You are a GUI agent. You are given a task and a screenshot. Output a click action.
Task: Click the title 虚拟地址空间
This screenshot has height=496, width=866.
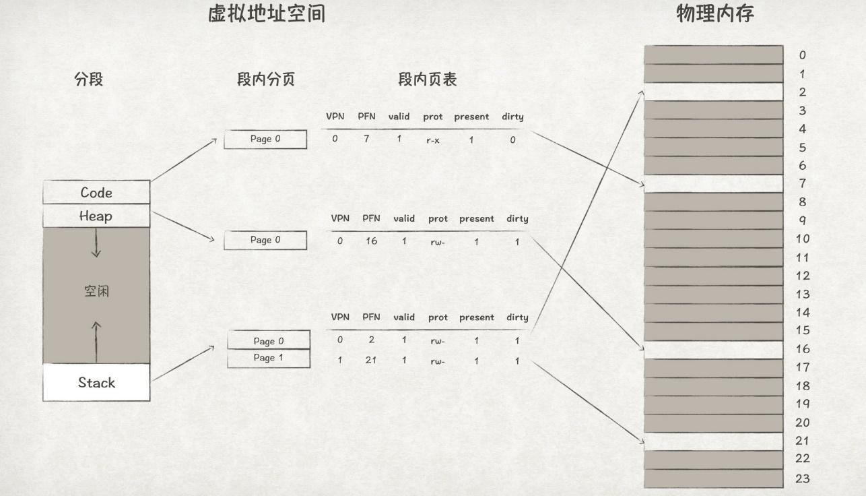tap(267, 14)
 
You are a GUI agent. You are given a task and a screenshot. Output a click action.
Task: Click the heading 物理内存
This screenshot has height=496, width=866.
tap(714, 14)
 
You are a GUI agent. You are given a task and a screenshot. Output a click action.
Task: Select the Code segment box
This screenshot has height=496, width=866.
tap(96, 193)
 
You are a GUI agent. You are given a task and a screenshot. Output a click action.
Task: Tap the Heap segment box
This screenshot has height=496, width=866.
tap(96, 216)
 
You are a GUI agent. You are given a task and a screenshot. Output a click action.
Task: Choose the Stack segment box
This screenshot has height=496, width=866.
tap(96, 383)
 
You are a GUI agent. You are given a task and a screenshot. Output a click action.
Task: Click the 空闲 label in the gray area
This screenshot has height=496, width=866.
tap(96, 292)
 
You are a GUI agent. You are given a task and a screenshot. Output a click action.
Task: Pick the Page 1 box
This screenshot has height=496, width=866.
tap(269, 359)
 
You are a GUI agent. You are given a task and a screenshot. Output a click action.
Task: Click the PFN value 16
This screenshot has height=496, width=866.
tap(371, 241)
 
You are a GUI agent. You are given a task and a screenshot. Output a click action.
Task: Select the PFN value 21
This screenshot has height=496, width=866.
tap(371, 360)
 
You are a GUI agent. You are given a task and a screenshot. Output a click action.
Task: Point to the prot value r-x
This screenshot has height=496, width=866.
tap(433, 141)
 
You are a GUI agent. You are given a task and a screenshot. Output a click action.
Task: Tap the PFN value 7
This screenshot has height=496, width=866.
tap(366, 139)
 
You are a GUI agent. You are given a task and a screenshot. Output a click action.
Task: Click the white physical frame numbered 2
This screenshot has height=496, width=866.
tap(713, 92)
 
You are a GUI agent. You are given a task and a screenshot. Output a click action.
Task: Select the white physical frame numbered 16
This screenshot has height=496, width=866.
tap(713, 349)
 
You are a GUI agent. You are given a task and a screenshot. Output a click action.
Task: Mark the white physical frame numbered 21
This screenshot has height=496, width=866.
tap(713, 441)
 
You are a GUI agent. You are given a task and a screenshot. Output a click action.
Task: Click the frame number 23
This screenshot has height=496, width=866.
tap(802, 478)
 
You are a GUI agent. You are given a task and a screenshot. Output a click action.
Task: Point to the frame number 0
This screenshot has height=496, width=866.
tap(802, 55)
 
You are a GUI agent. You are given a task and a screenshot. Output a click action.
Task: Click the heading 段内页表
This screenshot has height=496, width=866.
tap(427, 80)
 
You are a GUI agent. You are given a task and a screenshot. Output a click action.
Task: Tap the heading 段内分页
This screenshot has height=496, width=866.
tap(266, 80)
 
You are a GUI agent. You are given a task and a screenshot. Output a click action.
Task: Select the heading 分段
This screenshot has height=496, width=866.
tap(89, 80)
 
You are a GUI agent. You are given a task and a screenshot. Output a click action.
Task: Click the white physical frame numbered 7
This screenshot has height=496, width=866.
tap(713, 183)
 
